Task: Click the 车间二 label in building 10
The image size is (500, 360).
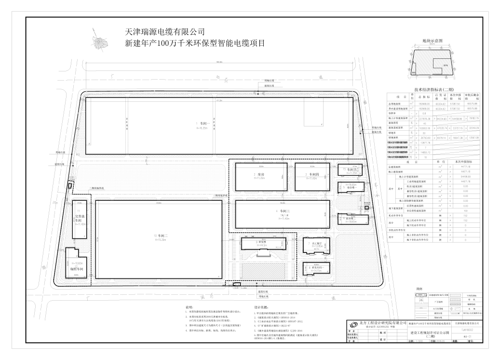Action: (x=161, y=235)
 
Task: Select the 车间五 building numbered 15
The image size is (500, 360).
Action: (x=349, y=170)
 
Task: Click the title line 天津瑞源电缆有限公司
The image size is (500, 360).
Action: (x=159, y=32)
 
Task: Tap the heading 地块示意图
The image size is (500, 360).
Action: (x=432, y=42)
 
